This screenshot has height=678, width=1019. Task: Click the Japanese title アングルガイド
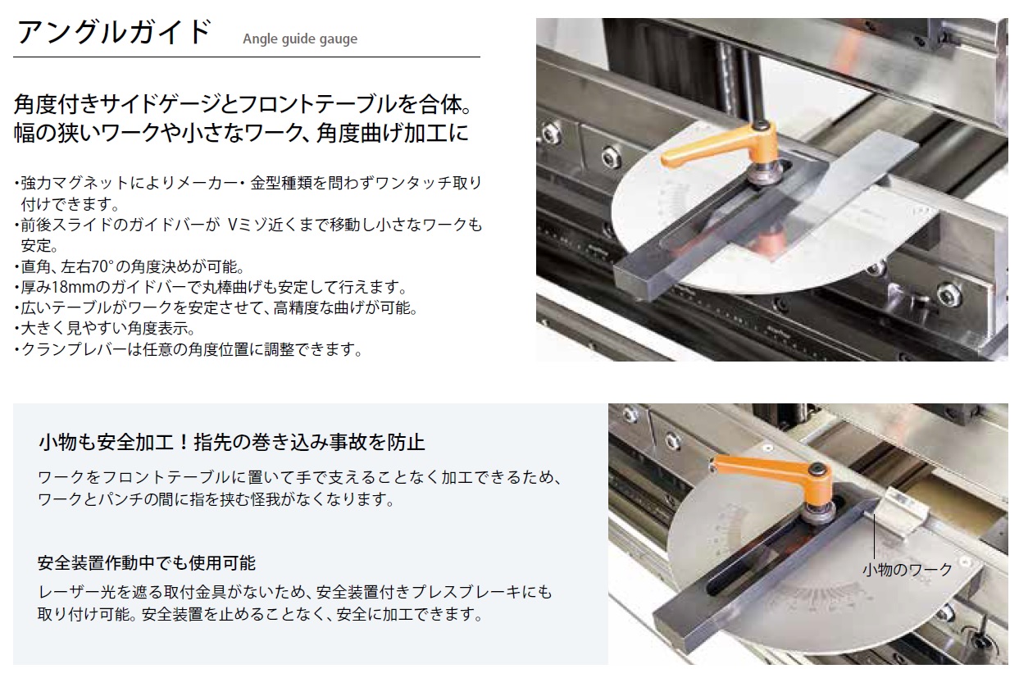[114, 32]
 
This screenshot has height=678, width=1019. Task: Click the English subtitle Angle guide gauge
[300, 39]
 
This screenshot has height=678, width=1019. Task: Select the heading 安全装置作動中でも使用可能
[147, 563]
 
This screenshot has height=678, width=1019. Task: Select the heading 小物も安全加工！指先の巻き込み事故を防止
[231, 442]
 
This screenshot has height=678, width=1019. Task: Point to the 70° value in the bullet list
[100, 266]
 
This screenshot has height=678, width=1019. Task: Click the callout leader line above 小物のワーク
[874, 536]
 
